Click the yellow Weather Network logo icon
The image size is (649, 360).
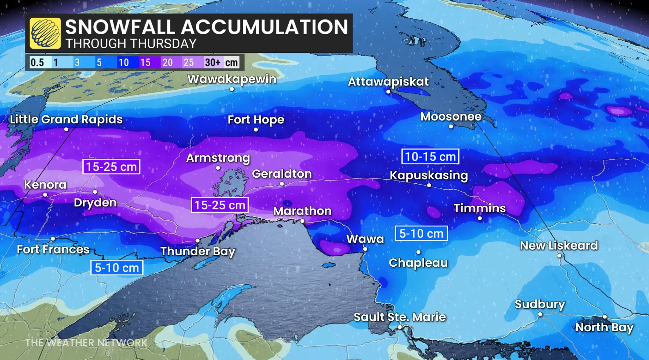45,33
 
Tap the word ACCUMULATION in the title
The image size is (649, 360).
264,27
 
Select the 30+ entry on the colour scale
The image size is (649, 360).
213,62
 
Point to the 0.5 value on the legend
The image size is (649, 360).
37,62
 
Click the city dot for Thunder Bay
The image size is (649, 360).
198,241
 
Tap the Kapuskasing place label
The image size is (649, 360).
429,175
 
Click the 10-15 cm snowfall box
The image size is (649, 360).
430,156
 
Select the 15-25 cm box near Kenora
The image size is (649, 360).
111,166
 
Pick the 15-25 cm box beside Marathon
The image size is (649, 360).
220,205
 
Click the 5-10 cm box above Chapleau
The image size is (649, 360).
421,233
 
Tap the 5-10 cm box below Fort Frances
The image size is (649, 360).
117,267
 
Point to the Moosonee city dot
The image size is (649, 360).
451,126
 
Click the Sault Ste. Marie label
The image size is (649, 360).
400,317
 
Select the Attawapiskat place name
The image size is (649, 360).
388,81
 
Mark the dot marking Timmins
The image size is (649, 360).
480,218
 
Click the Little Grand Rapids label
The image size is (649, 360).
66,119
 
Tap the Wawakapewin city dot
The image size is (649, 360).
232,89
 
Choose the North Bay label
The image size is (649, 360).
604,327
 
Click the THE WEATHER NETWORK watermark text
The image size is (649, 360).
86,343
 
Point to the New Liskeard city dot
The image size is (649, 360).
559,256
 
